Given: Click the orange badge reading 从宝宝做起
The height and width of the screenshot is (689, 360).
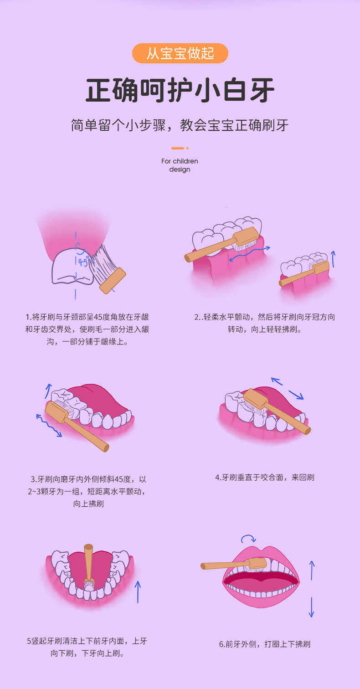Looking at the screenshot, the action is tap(180, 53).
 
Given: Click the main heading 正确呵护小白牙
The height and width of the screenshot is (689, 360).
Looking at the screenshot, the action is tap(180, 90).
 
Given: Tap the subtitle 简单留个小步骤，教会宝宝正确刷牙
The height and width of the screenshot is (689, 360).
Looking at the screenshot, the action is tap(180, 125).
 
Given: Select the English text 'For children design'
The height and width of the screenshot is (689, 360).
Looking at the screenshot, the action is tap(180, 165).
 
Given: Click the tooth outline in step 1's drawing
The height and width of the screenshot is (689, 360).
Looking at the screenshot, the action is tap(72, 267).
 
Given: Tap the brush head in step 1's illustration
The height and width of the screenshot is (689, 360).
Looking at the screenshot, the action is tap(113, 280).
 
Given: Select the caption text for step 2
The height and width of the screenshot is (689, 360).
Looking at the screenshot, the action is tap(265, 323).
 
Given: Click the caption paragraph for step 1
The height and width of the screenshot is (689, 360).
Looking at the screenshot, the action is tap(87, 329).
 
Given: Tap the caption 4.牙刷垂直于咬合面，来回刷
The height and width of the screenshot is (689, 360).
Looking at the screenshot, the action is tap(265, 478).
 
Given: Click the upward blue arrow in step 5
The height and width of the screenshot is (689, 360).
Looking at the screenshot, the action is tap(138, 592).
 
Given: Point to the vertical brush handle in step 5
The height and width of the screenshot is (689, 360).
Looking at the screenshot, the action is tap(88, 563).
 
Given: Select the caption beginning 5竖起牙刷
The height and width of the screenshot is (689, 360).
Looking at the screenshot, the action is tap(87, 647).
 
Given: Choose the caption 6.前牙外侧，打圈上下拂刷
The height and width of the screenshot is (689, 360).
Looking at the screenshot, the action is tap(265, 644).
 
